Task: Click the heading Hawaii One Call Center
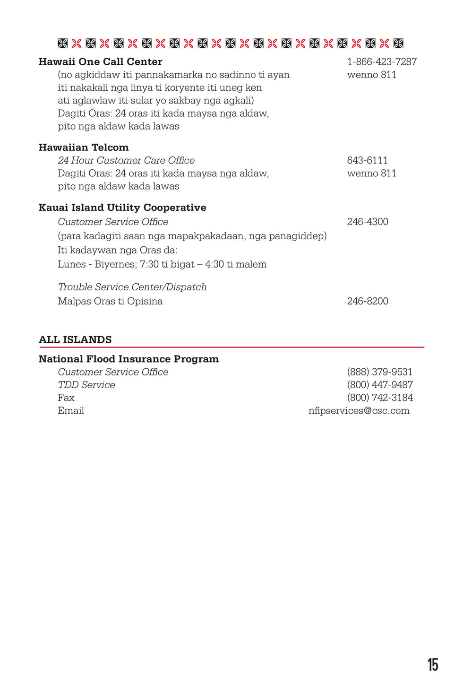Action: (x=100, y=62)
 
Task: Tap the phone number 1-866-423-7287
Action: (x=382, y=62)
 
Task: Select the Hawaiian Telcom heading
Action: (x=84, y=148)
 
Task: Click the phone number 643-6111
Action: (x=367, y=160)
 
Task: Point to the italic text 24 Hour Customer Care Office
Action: (x=126, y=160)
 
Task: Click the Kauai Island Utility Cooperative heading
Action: (x=122, y=208)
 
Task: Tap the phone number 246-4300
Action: (x=368, y=222)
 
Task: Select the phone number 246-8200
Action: (x=368, y=301)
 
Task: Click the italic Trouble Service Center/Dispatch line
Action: (x=132, y=287)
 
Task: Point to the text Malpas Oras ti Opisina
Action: (x=110, y=301)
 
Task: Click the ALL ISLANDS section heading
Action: (x=75, y=339)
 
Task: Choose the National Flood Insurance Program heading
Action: (x=129, y=359)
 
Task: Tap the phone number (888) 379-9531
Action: (x=379, y=372)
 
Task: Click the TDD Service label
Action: (x=86, y=385)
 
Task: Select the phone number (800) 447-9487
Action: (x=380, y=385)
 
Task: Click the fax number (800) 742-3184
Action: (x=380, y=398)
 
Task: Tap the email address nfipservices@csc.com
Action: (x=359, y=410)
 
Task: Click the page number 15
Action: (x=433, y=665)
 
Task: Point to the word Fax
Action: (x=66, y=398)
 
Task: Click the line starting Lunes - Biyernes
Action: (x=162, y=264)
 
